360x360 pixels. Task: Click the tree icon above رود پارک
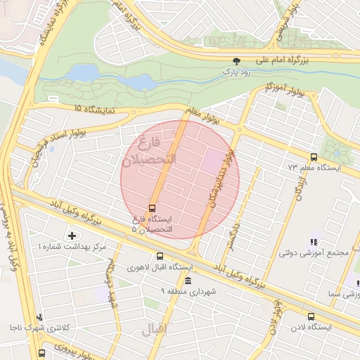point(236,61)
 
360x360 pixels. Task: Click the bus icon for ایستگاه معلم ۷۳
point(313,157)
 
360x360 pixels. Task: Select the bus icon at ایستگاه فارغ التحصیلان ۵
point(152,208)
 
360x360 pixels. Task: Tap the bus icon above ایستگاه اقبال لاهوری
point(160,257)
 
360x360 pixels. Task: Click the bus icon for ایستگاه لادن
point(311,317)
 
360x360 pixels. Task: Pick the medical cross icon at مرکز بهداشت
point(71,235)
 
